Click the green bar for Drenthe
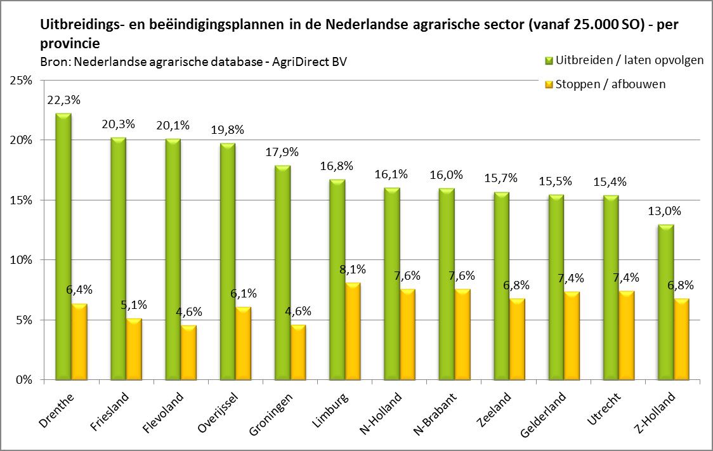(x=63, y=247)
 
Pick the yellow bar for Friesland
(x=134, y=350)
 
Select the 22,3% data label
(x=62, y=100)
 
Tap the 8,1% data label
(x=353, y=270)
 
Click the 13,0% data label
(x=661, y=211)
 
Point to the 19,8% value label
(x=226, y=130)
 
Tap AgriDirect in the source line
(x=301, y=62)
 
